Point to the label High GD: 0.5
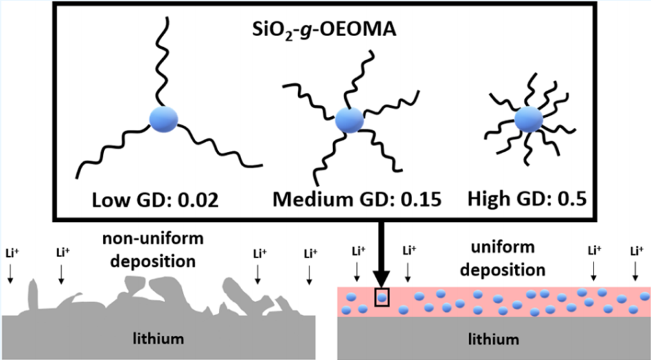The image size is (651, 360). coord(527,201)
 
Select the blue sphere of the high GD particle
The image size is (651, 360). coord(529,121)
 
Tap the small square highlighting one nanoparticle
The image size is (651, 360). coord(382,296)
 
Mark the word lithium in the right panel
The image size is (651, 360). coord(494,339)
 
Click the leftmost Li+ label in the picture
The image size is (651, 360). coord(10,253)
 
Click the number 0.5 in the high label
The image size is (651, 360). coord(568,201)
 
